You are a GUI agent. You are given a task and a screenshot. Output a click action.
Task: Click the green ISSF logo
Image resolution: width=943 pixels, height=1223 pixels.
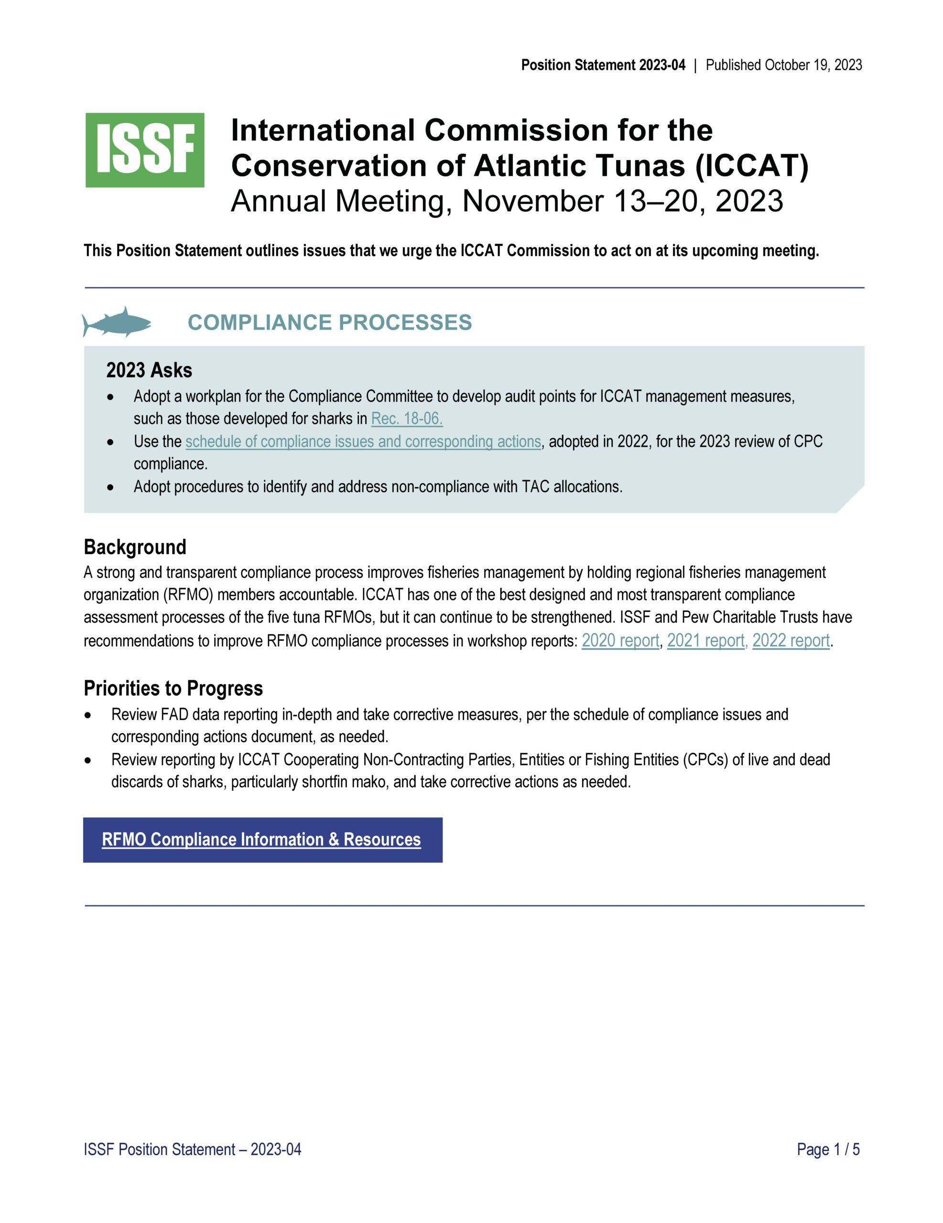point(144,150)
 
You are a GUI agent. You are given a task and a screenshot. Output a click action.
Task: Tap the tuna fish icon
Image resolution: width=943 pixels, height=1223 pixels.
point(117,322)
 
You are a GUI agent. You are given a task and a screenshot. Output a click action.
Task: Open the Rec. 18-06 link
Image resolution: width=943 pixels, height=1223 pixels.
point(407,418)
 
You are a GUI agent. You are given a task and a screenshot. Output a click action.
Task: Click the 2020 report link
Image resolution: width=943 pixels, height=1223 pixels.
point(620,640)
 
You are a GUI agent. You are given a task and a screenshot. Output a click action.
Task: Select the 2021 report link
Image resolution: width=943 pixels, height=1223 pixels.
point(705,640)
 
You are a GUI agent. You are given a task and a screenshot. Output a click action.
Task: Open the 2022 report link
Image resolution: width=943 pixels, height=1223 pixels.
point(791,640)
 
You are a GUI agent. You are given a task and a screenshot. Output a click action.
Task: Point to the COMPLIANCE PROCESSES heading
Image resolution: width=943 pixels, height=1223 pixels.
point(329,322)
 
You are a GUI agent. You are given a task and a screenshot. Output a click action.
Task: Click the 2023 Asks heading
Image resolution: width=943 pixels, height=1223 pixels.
point(149,371)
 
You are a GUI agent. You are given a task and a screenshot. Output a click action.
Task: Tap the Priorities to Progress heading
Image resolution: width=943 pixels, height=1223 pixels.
point(173,688)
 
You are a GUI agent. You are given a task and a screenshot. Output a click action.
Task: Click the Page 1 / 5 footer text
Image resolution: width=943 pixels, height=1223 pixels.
point(828,1149)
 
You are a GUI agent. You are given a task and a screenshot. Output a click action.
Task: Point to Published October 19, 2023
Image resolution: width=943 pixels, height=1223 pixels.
point(783,65)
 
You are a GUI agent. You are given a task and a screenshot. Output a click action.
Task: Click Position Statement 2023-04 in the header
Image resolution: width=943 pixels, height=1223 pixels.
point(603,65)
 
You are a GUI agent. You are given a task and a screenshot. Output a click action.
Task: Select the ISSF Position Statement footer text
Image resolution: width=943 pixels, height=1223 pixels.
point(192,1149)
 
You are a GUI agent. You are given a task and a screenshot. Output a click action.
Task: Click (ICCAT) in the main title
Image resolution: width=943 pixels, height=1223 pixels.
point(752,166)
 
